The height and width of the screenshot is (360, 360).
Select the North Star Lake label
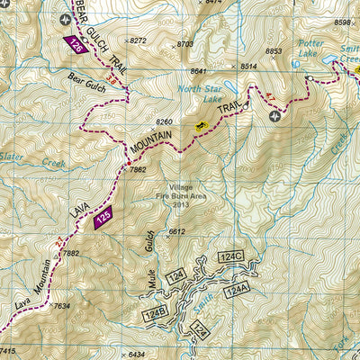[x=200, y=94]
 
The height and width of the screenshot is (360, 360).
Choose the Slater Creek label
[x=40, y=160]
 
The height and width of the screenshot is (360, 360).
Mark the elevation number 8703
[x=185, y=43]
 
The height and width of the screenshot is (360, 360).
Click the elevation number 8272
[x=137, y=41]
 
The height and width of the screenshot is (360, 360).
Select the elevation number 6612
[x=176, y=231]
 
